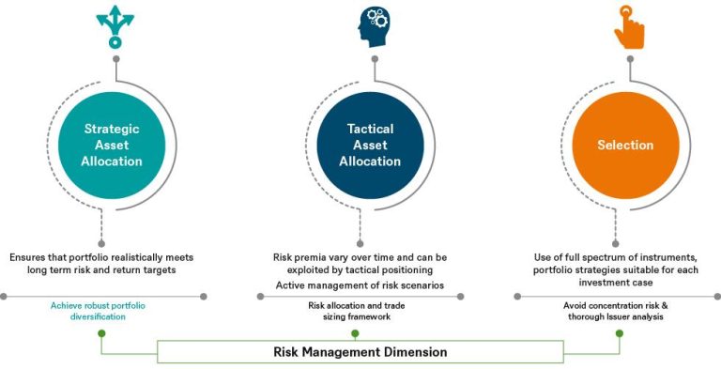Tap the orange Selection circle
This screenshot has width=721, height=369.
pyautogui.click(x=624, y=145)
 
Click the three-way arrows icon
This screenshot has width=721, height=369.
pyautogui.click(x=115, y=28)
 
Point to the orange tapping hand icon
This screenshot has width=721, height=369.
pyautogui.click(x=628, y=27)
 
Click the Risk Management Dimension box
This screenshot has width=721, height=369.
pyautogui.click(x=360, y=351)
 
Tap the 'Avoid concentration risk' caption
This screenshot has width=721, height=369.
pyautogui.click(x=616, y=311)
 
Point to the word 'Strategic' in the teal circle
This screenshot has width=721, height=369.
pyautogui.click(x=113, y=129)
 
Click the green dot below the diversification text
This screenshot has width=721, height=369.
pyautogui.click(x=101, y=332)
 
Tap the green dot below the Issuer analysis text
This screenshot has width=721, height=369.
pyautogui.click(x=618, y=332)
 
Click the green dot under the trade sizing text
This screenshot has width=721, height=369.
pyautogui.click(x=360, y=332)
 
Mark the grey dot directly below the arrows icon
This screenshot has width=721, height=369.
pyautogui.click(x=115, y=58)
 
